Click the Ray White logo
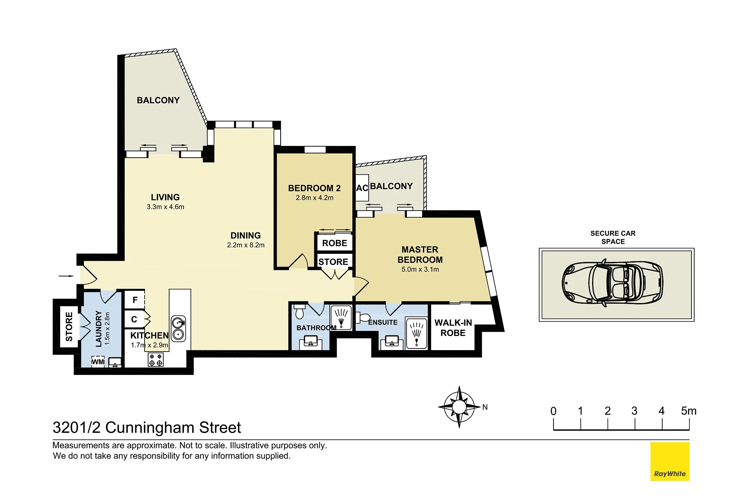point(670,461)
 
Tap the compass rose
point(459,407)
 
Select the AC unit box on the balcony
point(362,188)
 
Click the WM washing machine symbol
point(98,362)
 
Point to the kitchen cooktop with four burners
point(156,360)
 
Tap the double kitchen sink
point(178,328)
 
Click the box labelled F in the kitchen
point(134,300)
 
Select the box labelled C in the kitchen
point(134,319)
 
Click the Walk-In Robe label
point(453,328)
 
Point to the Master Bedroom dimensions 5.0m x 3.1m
point(420,269)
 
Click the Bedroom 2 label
point(314,188)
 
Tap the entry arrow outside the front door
point(66,276)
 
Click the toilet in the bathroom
point(300,312)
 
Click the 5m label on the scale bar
point(689,411)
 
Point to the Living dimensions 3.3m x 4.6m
point(165,207)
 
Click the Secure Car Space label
point(613,238)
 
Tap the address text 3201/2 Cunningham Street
point(147,428)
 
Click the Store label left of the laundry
point(69,327)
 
